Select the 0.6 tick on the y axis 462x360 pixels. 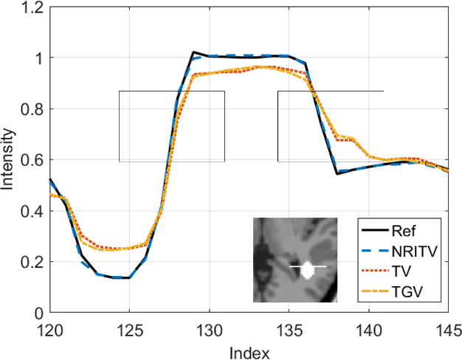coord(32,160)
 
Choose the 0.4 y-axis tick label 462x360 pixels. coord(32,212)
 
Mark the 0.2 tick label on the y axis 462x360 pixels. coord(32,263)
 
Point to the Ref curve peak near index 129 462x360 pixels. coord(193,53)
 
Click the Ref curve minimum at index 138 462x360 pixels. coord(337,173)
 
